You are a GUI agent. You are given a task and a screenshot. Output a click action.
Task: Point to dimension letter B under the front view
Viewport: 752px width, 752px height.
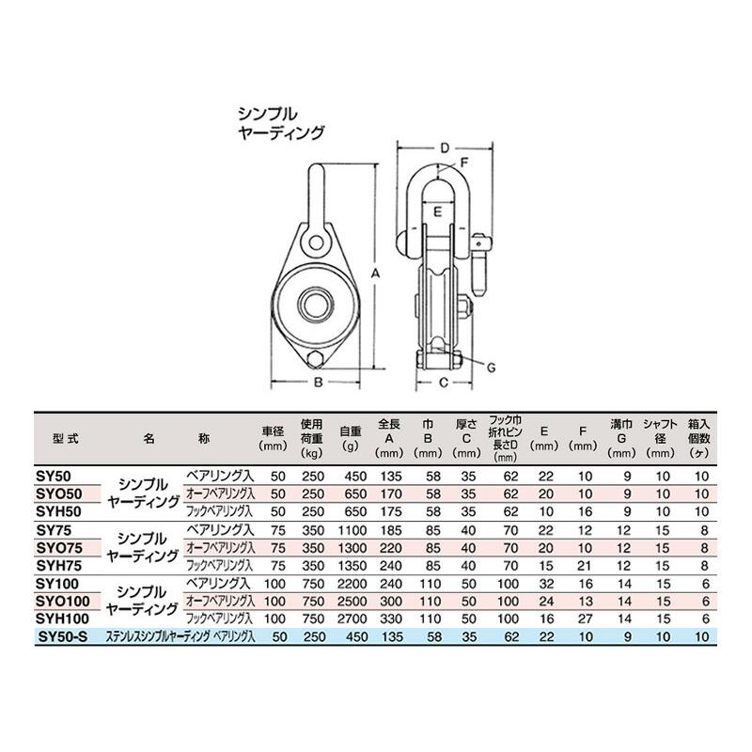coord(318,382)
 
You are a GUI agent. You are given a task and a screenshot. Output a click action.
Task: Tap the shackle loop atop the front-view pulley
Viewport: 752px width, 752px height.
coord(318,193)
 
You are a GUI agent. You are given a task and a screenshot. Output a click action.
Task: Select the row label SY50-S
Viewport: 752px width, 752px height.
coord(61,636)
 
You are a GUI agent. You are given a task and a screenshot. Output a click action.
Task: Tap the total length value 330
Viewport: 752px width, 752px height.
coord(389,619)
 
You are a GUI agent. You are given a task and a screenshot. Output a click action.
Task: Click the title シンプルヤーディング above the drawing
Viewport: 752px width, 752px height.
coord(280,122)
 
